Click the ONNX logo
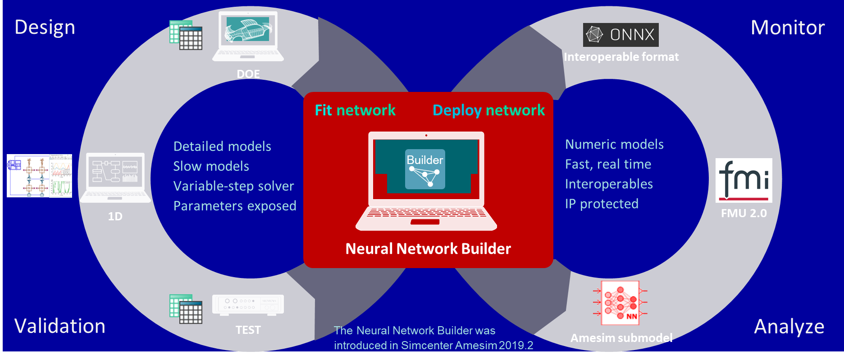(x=620, y=35)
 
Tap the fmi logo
(x=744, y=180)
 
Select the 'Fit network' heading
(x=355, y=110)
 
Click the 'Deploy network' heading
(x=488, y=110)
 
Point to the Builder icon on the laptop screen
(x=425, y=169)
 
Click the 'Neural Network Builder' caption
(x=428, y=249)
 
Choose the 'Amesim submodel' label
(x=621, y=338)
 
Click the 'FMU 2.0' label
(x=744, y=213)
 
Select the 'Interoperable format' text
(x=621, y=57)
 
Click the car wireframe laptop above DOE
(x=248, y=36)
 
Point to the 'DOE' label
(x=248, y=74)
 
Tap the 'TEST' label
(x=248, y=330)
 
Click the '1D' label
(x=115, y=216)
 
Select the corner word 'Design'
(x=45, y=27)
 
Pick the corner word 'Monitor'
(x=788, y=27)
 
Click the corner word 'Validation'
(x=60, y=326)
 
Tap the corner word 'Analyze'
(x=789, y=327)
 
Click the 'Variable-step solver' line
(x=233, y=186)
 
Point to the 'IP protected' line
(x=602, y=204)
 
